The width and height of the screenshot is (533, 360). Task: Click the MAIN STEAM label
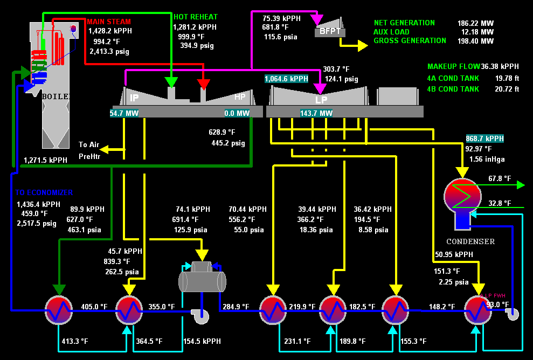[109, 22]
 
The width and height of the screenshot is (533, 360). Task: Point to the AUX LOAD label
[391, 32]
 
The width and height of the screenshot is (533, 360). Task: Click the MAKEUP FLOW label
[453, 66]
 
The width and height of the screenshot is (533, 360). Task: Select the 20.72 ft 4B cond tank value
[507, 89]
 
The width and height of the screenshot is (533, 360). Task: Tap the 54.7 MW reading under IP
[124, 114]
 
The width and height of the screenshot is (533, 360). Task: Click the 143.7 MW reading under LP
[316, 114]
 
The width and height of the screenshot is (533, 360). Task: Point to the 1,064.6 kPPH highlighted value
[286, 79]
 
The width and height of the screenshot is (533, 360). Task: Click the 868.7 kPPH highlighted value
[484, 139]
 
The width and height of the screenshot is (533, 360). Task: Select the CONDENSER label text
[470, 241]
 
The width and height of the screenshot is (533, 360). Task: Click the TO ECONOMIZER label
[44, 192]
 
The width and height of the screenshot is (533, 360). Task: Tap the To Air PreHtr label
[89, 150]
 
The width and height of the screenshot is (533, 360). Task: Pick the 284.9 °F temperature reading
[235, 307]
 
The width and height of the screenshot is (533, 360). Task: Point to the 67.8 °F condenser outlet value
[499, 178]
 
